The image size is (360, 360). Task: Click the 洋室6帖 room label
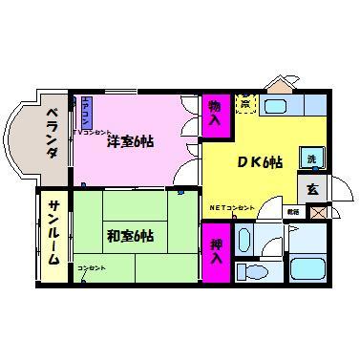pyautogui.click(x=130, y=141)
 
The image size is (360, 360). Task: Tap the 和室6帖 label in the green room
pyautogui.click(x=132, y=235)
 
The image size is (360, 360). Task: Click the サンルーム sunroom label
pyautogui.click(x=54, y=234)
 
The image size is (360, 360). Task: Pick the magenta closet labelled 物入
pyautogui.click(x=215, y=113)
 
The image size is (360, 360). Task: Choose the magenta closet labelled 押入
pyautogui.click(x=215, y=252)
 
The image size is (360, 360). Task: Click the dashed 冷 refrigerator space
pyautogui.click(x=245, y=102)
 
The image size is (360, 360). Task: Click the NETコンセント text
pyautogui.click(x=233, y=207)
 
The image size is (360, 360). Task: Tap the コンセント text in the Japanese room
pyautogui.click(x=92, y=267)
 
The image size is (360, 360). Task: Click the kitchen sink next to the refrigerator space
pyautogui.click(x=280, y=106)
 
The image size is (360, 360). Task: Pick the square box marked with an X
pyautogui.click(x=317, y=211)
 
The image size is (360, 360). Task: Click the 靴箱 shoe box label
pyautogui.click(x=293, y=211)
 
